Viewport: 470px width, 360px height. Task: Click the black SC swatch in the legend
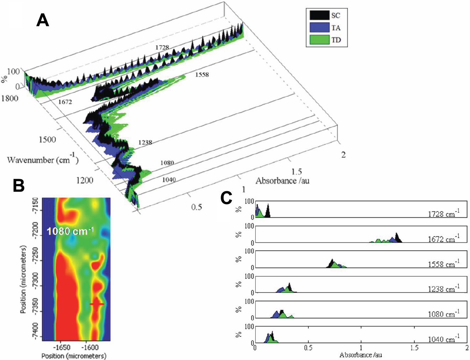(x=319, y=15)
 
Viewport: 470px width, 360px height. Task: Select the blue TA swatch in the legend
(x=319, y=27)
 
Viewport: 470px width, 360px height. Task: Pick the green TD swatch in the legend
(x=319, y=40)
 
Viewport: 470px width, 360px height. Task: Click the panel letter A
(x=43, y=20)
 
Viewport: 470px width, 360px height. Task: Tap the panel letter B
(x=19, y=186)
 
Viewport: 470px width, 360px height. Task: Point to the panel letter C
(x=226, y=198)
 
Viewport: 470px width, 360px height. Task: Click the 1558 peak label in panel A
(x=202, y=75)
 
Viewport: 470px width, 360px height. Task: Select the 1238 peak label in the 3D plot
(x=145, y=142)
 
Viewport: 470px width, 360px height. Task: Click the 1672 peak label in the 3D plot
(x=65, y=102)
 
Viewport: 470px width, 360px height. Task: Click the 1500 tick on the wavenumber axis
(x=47, y=139)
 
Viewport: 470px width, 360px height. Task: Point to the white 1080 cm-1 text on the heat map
(x=70, y=231)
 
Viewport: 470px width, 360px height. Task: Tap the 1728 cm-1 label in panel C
(x=444, y=213)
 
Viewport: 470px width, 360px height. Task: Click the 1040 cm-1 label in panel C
(x=444, y=339)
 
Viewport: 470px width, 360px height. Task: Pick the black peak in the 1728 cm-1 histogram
(x=268, y=211)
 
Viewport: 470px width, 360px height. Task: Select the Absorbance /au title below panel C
(x=361, y=355)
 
